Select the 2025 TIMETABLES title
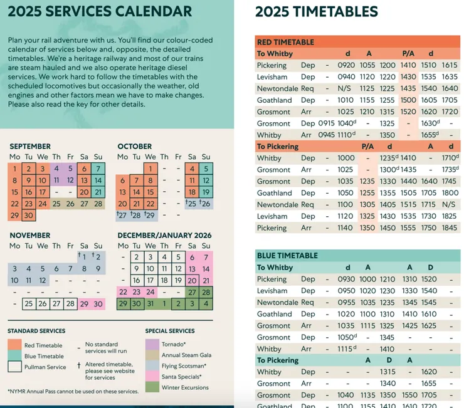[317, 12]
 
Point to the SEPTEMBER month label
[30, 147]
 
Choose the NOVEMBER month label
[30, 236]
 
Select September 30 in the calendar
[28, 216]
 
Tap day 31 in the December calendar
[150, 304]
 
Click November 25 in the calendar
[28, 304]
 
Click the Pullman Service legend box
[14, 367]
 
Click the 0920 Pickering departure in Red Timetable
[345, 65]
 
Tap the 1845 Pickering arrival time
[449, 228]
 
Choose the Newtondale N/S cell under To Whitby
[345, 88]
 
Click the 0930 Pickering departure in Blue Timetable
[345, 279]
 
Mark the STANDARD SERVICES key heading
[36, 331]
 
